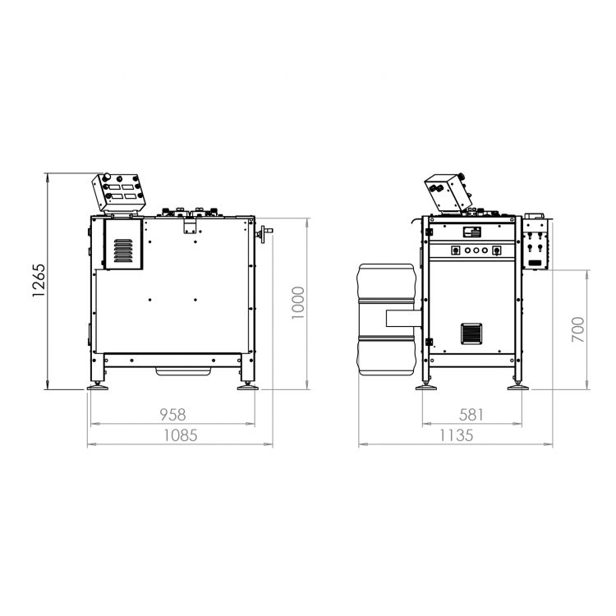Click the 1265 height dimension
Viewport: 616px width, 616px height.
point(39,281)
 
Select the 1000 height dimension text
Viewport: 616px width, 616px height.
point(298,302)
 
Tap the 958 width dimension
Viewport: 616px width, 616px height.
point(172,415)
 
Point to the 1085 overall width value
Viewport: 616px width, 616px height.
point(181,435)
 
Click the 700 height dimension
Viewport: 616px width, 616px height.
point(578,329)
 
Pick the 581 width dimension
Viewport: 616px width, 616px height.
point(471,415)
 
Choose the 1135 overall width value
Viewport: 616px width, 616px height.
point(456,435)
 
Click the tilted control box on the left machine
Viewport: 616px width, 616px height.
point(118,193)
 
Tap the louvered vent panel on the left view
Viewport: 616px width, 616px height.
point(123,251)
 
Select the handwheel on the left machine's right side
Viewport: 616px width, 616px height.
point(264,234)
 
